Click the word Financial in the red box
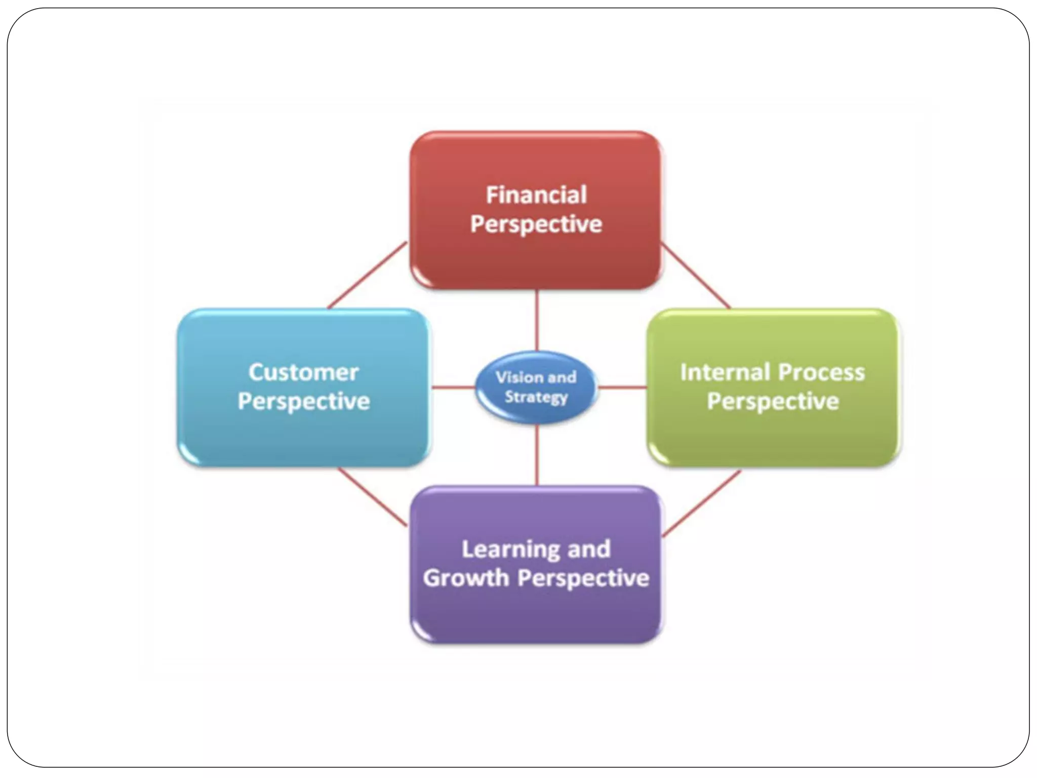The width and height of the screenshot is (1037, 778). [x=536, y=195]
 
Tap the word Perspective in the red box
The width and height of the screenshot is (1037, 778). [x=536, y=224]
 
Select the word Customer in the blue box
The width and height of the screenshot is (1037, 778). [x=303, y=372]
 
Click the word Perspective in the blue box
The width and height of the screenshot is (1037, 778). [x=304, y=402]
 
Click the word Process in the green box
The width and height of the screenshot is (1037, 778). [x=821, y=372]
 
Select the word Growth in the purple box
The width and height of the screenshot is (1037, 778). [x=465, y=578]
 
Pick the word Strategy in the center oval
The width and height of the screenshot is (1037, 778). [x=536, y=397]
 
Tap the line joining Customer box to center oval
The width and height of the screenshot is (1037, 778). [x=453, y=387]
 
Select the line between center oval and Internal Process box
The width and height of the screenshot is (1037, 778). [x=622, y=387]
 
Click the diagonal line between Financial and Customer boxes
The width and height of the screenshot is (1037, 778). [x=367, y=275]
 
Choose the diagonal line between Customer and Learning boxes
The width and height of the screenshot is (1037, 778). [x=372, y=496]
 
